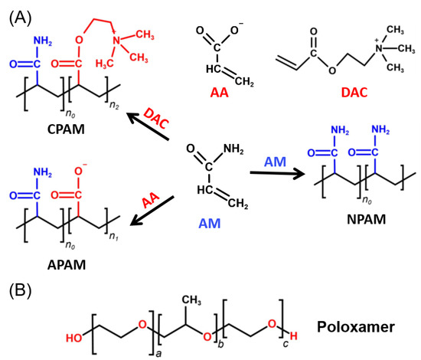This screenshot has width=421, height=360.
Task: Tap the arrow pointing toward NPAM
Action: (x=265, y=173)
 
